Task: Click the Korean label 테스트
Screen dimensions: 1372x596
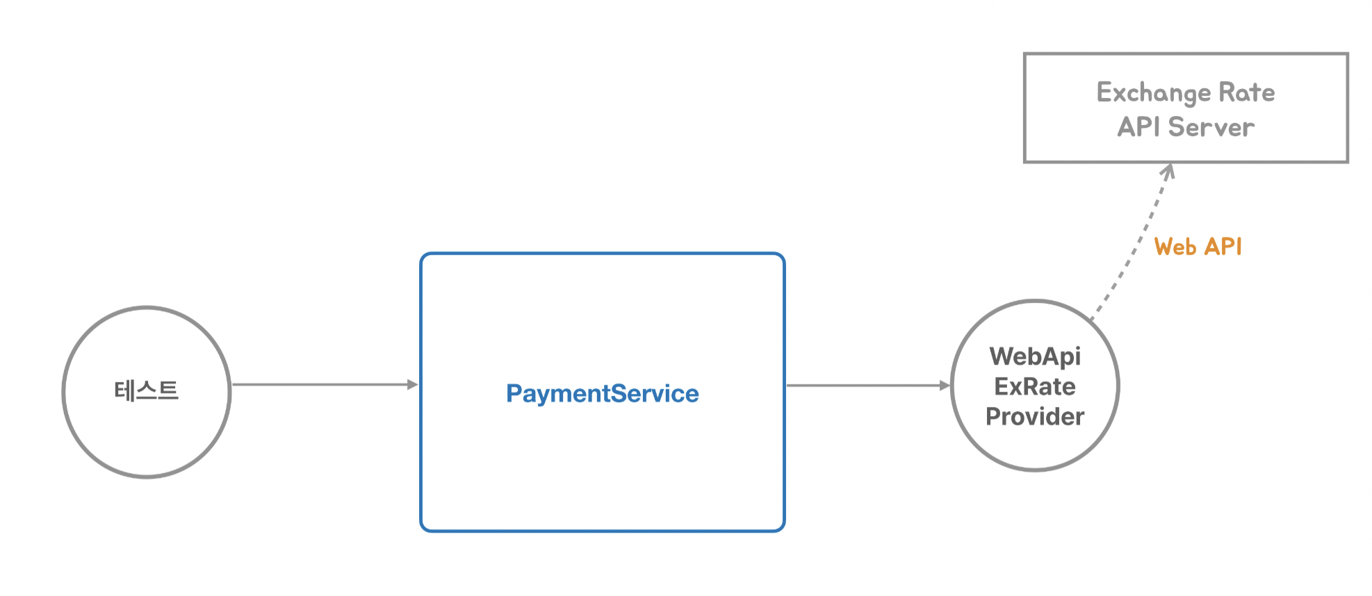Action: [146, 390]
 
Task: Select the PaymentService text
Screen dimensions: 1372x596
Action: [603, 394]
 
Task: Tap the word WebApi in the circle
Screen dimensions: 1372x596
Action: [1035, 357]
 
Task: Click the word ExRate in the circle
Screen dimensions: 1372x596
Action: [1035, 386]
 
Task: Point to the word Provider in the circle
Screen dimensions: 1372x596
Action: [1035, 416]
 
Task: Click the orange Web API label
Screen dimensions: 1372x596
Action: [1198, 247]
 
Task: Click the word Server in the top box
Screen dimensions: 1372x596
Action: [1211, 127]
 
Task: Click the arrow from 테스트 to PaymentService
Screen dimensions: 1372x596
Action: [325, 384]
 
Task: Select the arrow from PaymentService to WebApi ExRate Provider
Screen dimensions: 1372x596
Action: [868, 386]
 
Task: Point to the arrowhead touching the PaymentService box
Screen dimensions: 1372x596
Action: [413, 384]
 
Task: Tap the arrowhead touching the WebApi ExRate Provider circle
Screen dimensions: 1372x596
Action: [945, 386]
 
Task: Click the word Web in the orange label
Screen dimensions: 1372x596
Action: [1175, 247]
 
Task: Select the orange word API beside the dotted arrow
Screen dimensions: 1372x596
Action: [1223, 247]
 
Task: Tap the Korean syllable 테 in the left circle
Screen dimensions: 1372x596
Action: [124, 390]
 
